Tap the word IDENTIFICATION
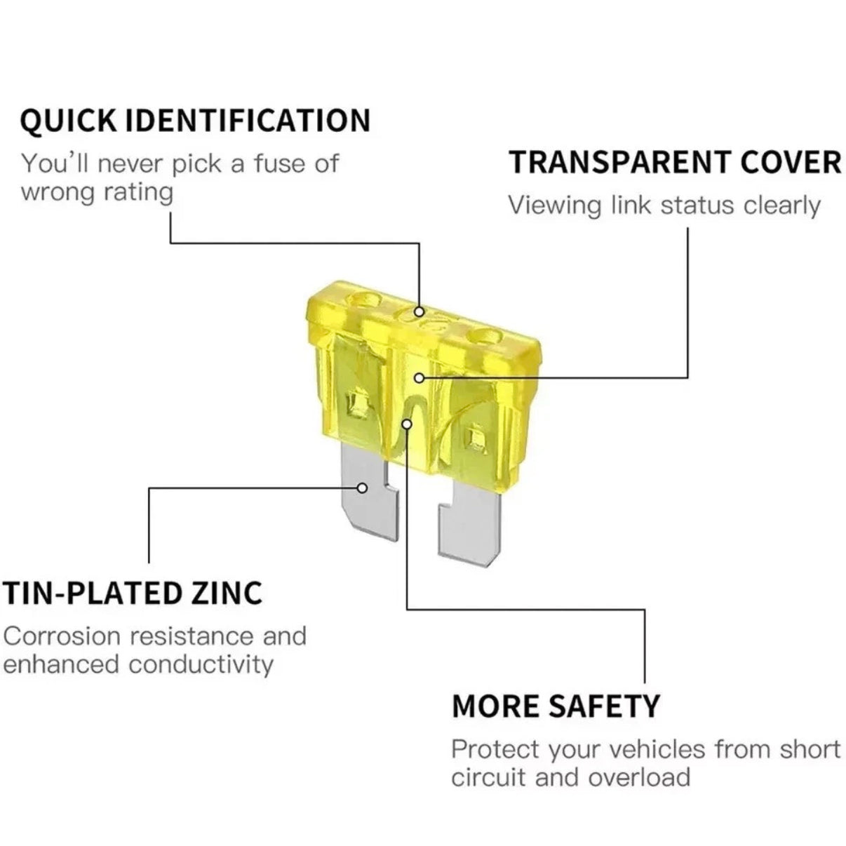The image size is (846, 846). pos(248,120)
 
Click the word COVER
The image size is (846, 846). pos(791,163)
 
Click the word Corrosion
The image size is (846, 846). pos(62,636)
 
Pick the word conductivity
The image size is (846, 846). pos(201,664)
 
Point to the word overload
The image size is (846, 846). pos(639,777)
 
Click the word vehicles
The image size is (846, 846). pos(657,749)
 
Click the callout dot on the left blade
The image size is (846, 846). pos(362,488)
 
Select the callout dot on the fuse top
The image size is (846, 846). pos(419,311)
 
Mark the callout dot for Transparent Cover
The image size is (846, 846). pos(419,377)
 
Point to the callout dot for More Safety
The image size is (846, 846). pos(407,424)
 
